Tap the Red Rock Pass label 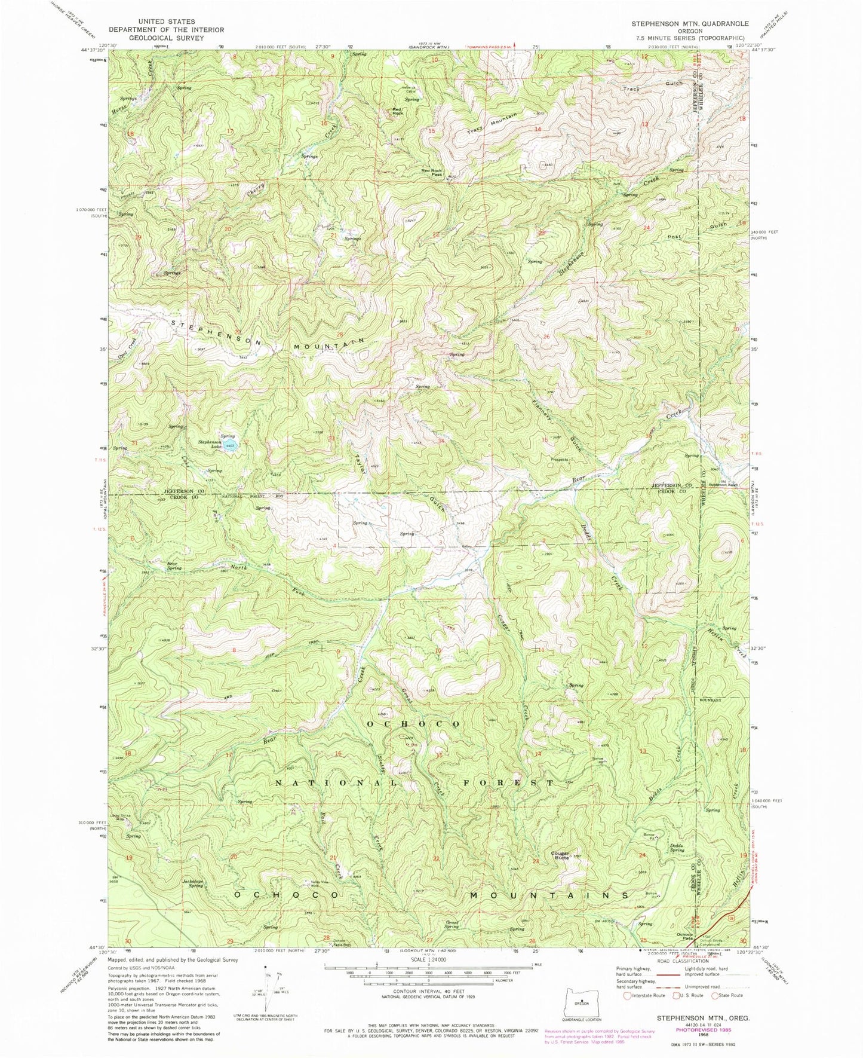point(432,172)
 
